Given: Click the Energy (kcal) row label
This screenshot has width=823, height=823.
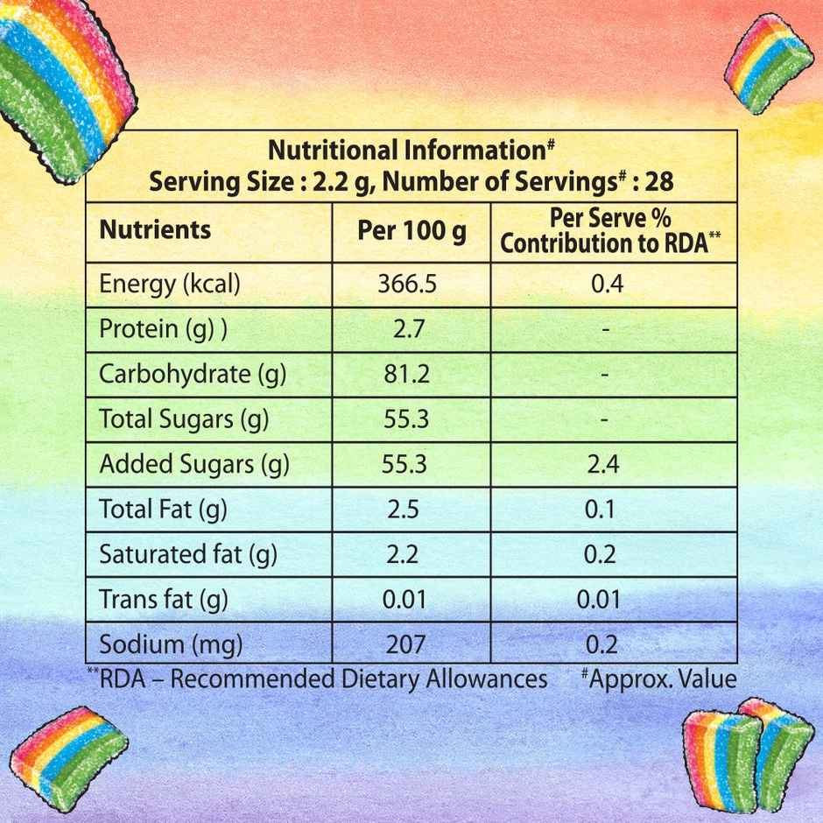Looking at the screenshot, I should [170, 284].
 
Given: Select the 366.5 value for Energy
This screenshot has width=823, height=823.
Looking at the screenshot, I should [406, 284].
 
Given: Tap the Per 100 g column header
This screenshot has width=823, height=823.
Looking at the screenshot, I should [411, 230].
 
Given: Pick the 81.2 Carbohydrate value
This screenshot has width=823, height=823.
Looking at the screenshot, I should [406, 374].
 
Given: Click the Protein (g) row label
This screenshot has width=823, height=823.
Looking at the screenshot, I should [163, 329].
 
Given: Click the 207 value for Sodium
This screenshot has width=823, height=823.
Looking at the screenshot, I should [405, 645].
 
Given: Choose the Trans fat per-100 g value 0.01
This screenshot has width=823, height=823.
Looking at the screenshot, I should [405, 600].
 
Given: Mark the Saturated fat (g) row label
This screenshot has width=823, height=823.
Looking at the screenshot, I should [186, 554].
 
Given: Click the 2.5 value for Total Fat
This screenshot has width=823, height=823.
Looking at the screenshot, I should [405, 509].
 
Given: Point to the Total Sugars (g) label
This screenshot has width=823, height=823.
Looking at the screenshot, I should [184, 419].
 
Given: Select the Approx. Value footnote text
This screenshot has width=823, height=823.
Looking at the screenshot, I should [662, 679].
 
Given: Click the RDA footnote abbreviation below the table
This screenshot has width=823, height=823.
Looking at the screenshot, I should [123, 679].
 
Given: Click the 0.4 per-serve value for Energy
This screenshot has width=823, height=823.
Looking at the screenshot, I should [607, 284].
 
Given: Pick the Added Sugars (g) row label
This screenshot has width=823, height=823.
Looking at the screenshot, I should [194, 464].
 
